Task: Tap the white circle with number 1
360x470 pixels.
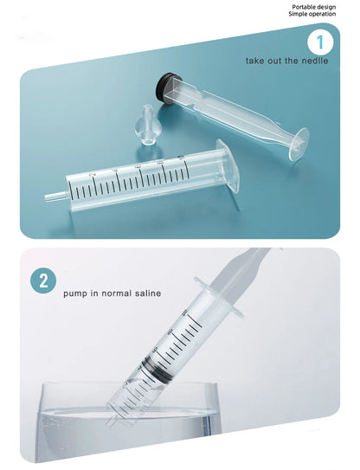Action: coord(320,42)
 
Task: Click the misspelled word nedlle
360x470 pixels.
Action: coord(314,61)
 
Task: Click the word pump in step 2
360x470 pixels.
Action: coord(73,293)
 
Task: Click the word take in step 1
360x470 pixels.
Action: coord(254,61)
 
